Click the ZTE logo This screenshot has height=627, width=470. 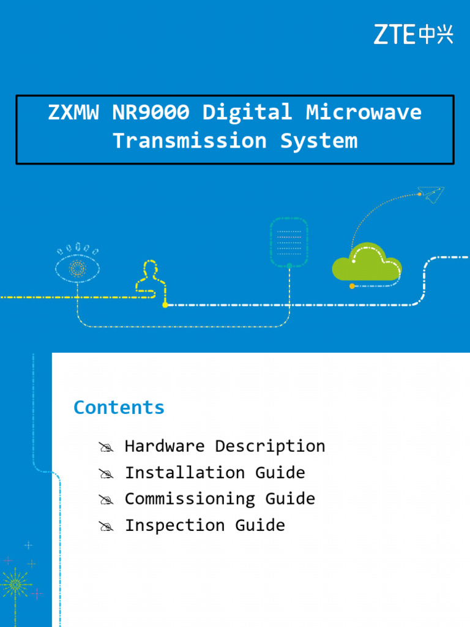click(413, 34)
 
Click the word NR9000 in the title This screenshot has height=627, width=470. click(151, 111)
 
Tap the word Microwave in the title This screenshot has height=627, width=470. click(364, 111)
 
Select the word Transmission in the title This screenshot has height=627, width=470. click(190, 141)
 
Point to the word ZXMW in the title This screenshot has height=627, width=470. click(73, 112)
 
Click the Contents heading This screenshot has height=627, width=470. click(119, 407)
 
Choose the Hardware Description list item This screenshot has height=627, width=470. click(225, 446)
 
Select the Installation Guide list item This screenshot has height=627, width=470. click(215, 473)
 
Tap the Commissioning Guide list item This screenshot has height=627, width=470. click(220, 499)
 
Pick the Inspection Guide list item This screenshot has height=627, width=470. click(205, 525)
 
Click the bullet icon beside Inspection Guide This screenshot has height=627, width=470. click(106, 527)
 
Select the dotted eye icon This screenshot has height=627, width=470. click(77, 265)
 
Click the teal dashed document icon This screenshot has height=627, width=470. click(289, 242)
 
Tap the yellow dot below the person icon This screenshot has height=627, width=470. click(165, 305)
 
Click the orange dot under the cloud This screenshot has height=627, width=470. click(352, 286)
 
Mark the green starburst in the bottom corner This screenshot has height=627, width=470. click(15, 585)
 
